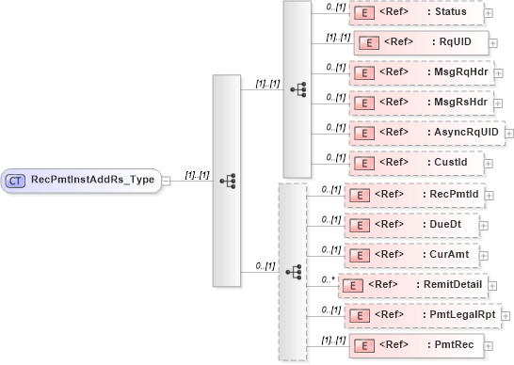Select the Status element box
(x=414, y=12)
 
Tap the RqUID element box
(x=420, y=42)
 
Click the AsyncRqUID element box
(x=426, y=133)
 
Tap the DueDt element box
(x=412, y=225)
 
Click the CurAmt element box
(x=412, y=255)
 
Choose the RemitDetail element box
(x=415, y=284)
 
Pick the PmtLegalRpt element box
(x=421, y=314)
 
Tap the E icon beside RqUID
(x=370, y=43)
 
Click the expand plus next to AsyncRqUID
(x=510, y=134)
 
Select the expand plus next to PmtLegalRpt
(x=505, y=315)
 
